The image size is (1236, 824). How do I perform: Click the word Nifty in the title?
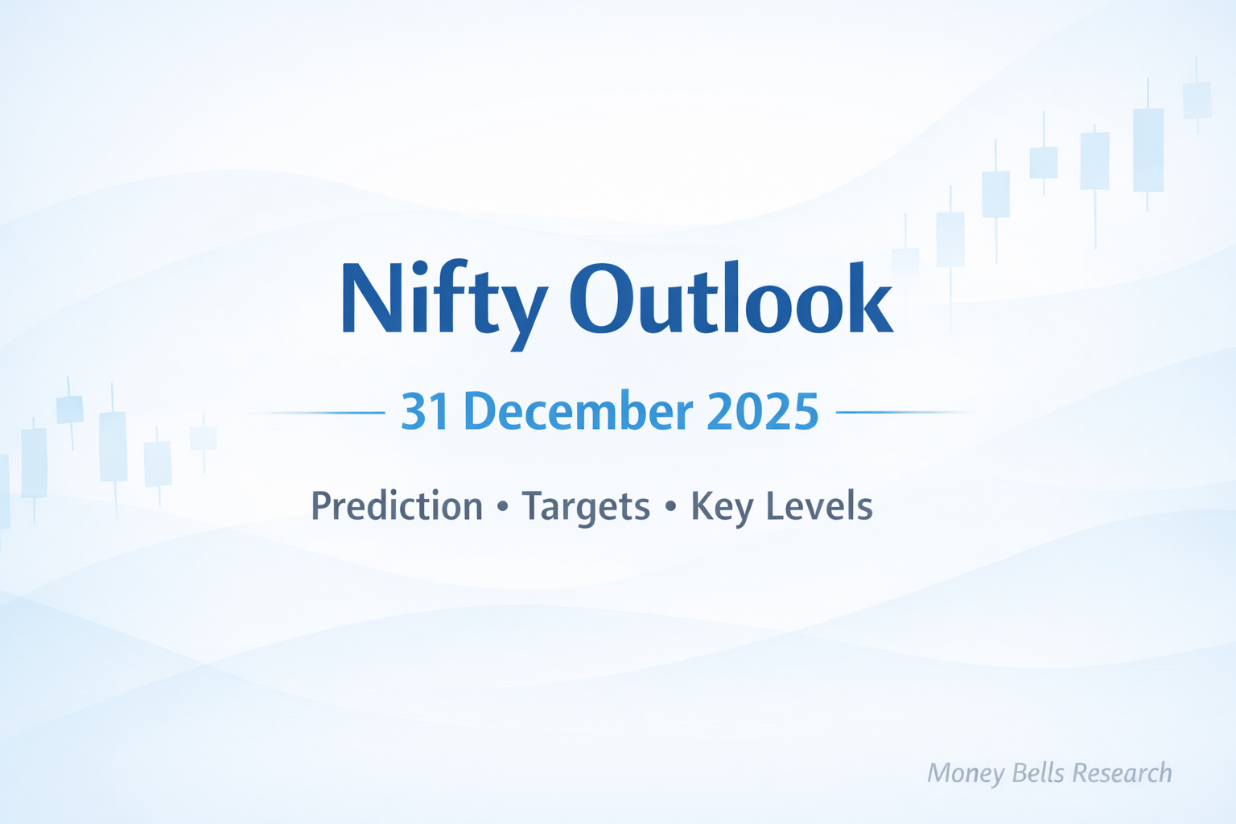tap(444, 299)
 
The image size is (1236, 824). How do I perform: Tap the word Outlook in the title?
tap(731, 299)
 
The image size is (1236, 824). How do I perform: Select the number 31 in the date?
tap(425, 412)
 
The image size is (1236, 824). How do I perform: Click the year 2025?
tap(762, 412)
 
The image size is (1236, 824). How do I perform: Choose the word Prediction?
tap(397, 507)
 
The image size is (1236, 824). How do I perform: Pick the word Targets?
tap(586, 507)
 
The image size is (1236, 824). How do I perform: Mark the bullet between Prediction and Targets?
tap(503, 508)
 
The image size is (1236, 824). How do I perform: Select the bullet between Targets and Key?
tap(670, 508)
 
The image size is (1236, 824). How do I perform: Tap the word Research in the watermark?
tap(1123, 772)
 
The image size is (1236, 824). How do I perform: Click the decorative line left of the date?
tap(322, 413)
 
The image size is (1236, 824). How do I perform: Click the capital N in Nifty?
tap(372, 298)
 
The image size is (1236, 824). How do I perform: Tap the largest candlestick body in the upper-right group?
tap(1148, 150)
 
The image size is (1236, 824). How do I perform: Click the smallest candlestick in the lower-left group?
tap(203, 439)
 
